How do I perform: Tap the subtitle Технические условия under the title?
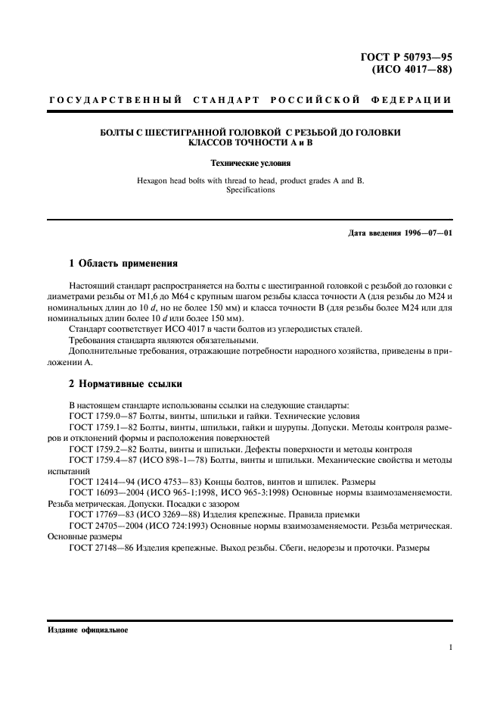[250, 162]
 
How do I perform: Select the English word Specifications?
[250, 190]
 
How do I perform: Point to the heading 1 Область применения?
[123, 264]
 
